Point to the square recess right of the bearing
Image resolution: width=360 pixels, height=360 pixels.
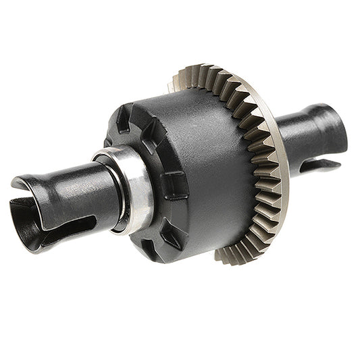(x=174, y=184)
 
